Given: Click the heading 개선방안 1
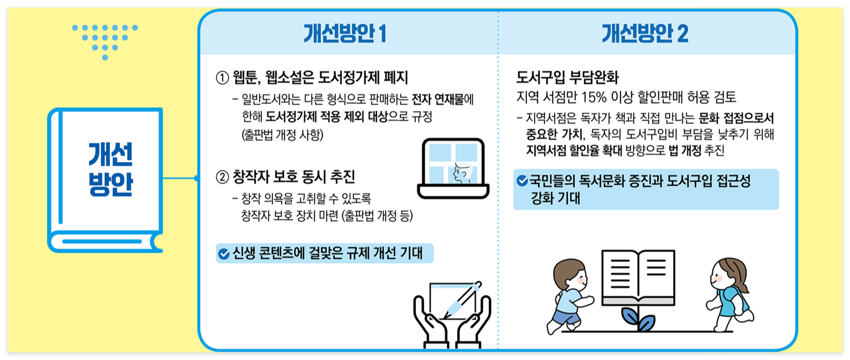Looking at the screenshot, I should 344,33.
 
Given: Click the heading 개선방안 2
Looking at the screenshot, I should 644,33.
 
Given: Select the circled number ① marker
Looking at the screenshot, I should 222,78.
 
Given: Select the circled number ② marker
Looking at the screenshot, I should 222,177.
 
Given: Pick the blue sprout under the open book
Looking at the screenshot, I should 638,318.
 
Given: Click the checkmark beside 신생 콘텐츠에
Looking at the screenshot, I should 223,254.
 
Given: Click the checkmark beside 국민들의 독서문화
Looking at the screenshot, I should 522,180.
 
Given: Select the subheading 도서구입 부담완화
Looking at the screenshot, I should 567,77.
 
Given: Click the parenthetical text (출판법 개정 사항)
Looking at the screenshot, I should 282,135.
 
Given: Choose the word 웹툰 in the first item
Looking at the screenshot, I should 246,78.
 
